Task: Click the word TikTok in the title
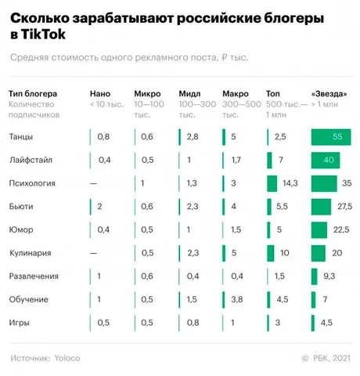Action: tap(43, 34)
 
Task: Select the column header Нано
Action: tap(100, 93)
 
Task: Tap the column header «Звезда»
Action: tap(329, 93)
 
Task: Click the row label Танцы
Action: tap(21, 137)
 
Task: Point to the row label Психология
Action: tap(32, 183)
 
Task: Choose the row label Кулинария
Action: tap(31, 253)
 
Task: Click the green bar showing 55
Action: tap(331, 137)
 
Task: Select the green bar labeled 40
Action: tap(326, 160)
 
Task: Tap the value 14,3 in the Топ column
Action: tap(290, 183)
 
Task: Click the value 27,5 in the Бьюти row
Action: tap(344, 207)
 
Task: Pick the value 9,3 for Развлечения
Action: tap(329, 277)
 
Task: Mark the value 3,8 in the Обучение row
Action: tap(237, 299)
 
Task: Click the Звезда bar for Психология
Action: tap(324, 183)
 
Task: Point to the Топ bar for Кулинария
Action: tap(271, 253)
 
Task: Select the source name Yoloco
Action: tap(67, 358)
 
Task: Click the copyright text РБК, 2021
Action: tap(332, 358)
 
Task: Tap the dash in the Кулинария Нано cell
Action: tap(93, 253)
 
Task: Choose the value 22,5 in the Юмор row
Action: tap(341, 230)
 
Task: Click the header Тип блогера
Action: tap(33, 94)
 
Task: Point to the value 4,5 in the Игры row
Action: tap(326, 323)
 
